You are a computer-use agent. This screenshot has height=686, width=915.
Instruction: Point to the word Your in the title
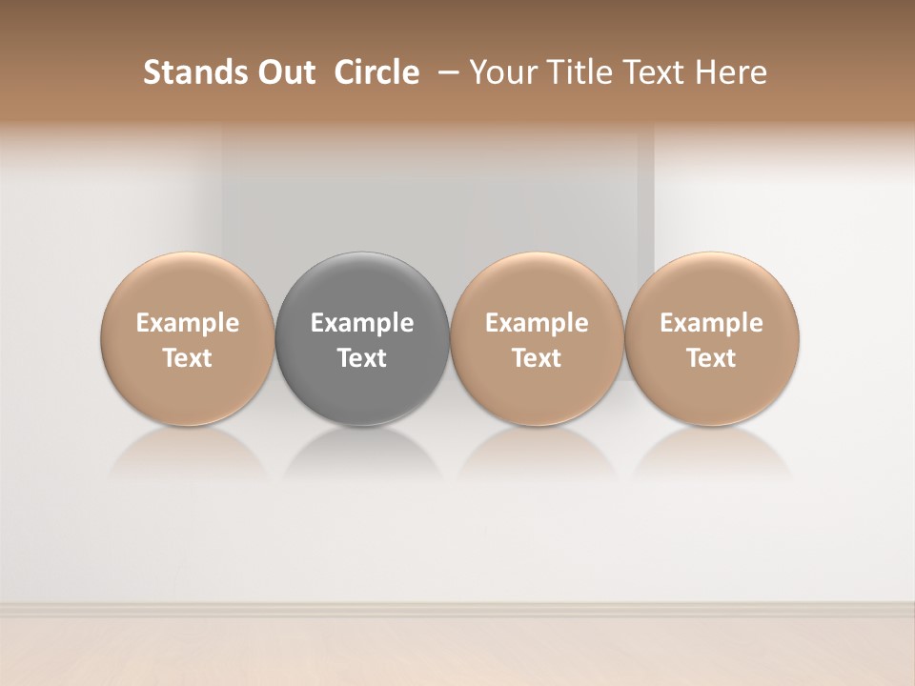point(500,72)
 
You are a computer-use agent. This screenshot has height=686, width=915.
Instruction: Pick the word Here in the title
point(730,72)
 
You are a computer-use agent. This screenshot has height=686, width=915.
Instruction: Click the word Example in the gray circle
point(362,323)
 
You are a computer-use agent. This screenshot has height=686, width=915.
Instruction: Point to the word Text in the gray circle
point(362,358)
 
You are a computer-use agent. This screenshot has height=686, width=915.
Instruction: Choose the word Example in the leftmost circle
point(187,323)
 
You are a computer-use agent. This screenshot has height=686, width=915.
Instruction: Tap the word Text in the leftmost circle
point(187,358)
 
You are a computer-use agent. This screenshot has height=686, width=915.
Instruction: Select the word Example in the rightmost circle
point(712,323)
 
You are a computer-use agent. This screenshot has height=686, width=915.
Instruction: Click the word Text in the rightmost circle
point(712,358)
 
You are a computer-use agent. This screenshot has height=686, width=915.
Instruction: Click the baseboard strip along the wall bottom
point(457,608)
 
